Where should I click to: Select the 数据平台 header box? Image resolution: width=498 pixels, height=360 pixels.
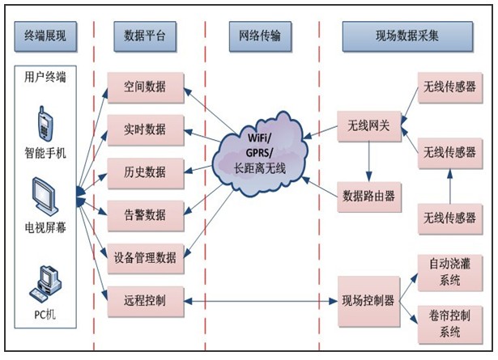tap(146, 36)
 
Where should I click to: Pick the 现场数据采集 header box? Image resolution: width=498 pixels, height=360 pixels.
tap(407, 36)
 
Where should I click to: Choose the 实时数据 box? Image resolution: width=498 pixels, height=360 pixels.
tap(146, 129)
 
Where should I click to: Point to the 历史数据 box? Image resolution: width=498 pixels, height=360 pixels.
tap(146, 172)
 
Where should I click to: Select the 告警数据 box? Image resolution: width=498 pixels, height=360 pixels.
tap(146, 214)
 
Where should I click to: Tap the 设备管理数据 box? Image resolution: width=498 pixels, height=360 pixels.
tap(146, 259)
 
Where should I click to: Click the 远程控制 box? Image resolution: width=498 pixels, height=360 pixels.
tap(146, 301)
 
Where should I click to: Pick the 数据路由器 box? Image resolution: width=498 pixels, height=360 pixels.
tap(369, 194)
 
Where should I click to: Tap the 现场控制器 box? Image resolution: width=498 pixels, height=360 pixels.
tap(369, 301)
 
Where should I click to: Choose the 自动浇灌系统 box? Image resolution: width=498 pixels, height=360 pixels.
tap(445, 273)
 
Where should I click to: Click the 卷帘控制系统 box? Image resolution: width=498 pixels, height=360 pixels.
tap(445, 322)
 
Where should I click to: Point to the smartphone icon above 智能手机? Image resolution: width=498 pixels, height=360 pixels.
tap(45, 124)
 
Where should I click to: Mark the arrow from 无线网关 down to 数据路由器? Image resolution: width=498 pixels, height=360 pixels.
tap(369, 161)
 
